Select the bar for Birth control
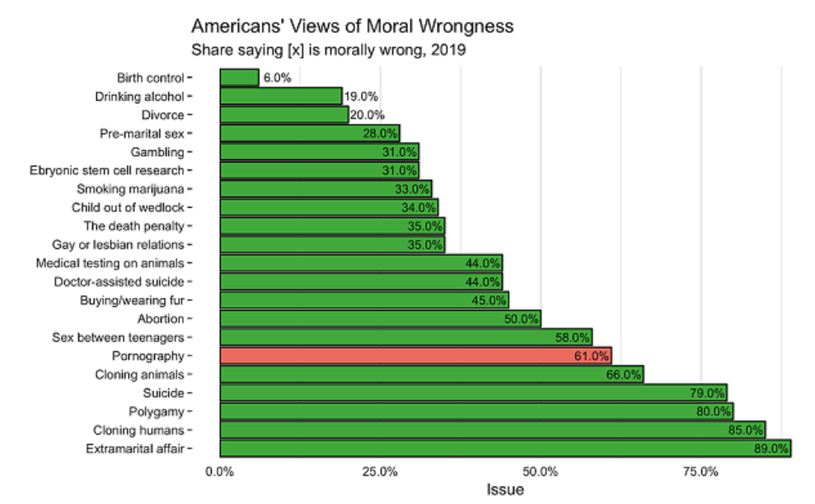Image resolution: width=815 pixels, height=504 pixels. tap(239, 78)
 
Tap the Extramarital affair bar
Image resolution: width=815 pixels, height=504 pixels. tap(504, 449)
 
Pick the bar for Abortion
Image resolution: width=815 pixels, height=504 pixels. tap(380, 318)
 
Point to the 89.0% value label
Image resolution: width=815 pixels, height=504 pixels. tap(771, 449)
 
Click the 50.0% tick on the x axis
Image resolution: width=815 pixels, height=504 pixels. tap(541, 472)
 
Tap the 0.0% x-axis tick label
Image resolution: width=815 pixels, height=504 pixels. tap(220, 472)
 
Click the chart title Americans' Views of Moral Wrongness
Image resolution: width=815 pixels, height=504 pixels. tap(352, 26)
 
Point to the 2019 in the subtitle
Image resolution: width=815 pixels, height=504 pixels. tap(451, 49)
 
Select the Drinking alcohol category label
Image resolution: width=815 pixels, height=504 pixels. tap(140, 96)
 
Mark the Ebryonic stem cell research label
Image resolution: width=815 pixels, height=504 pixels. tap(106, 170)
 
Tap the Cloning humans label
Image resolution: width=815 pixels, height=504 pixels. tap(138, 431)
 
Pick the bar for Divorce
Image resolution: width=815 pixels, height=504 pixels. tap(283, 115)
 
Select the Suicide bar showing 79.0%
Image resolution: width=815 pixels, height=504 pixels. tap(473, 393)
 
